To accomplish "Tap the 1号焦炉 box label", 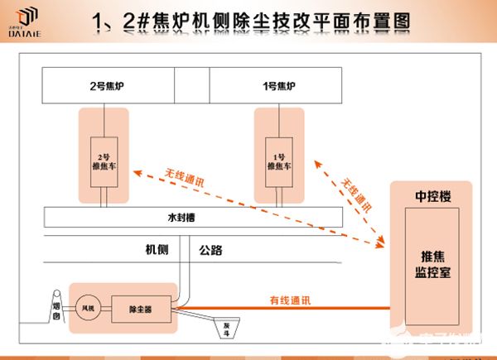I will coord(277,85).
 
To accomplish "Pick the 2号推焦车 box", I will coord(104,160).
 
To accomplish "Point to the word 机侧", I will coord(157,249).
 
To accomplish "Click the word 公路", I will coord(212,249).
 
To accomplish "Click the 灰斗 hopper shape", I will coord(225,327).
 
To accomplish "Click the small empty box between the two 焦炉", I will coord(191,85).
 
